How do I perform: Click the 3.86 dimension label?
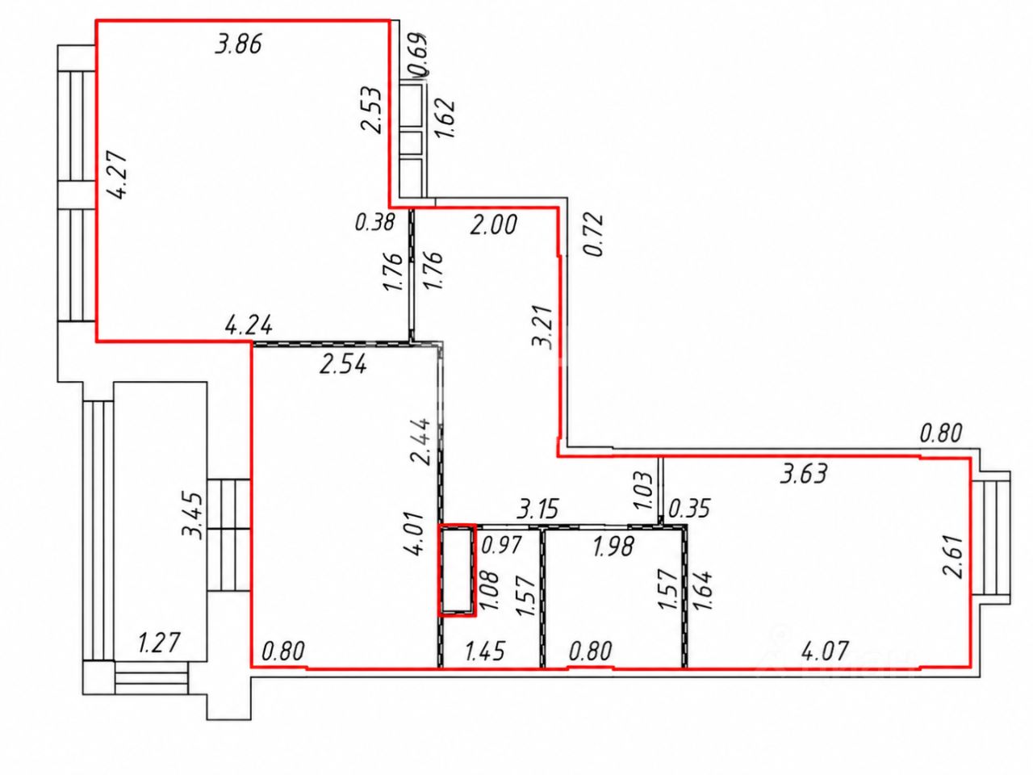click(238, 44)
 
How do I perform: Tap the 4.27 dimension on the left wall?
click(115, 175)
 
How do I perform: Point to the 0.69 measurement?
click(419, 54)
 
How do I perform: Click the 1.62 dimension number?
click(445, 118)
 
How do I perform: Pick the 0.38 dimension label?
click(374, 222)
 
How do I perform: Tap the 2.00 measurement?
click(494, 224)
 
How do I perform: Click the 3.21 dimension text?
click(542, 327)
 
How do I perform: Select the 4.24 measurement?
click(249, 325)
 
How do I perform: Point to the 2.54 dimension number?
click(343, 364)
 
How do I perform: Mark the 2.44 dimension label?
click(420, 442)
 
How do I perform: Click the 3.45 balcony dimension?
click(191, 516)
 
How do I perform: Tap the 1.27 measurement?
click(159, 643)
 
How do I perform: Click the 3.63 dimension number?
click(803, 473)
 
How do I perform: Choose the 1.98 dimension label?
click(613, 547)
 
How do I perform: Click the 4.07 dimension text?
click(825, 651)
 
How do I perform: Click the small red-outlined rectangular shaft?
click(458, 570)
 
